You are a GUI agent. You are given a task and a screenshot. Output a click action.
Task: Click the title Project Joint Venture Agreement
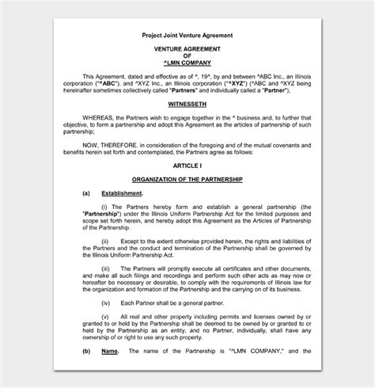pos(187,36)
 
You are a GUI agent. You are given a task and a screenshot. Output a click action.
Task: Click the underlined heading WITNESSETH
pos(187,104)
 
